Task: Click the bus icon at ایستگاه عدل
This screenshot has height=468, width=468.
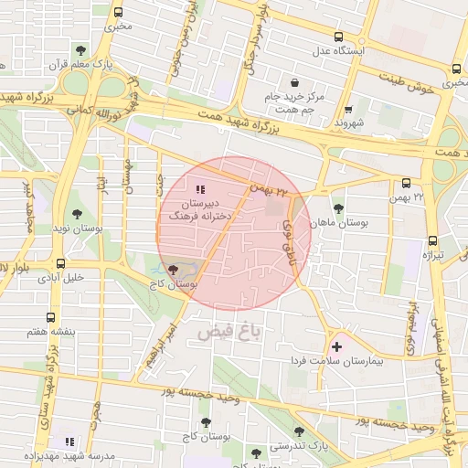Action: [340, 37]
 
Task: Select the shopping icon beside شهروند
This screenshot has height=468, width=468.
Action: [347, 109]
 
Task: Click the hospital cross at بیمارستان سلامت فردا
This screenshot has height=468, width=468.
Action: [337, 346]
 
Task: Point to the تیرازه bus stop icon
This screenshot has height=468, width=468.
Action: [432, 241]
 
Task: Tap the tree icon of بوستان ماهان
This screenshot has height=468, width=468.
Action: [339, 209]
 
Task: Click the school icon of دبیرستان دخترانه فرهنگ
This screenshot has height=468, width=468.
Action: [201, 189]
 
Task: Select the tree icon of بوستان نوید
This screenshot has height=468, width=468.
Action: [78, 214]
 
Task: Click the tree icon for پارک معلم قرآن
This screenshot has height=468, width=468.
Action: [82, 49]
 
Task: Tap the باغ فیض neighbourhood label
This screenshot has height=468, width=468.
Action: [228, 333]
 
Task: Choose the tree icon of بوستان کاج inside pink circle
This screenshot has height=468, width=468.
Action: [174, 270]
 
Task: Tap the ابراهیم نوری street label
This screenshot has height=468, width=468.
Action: [412, 325]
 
